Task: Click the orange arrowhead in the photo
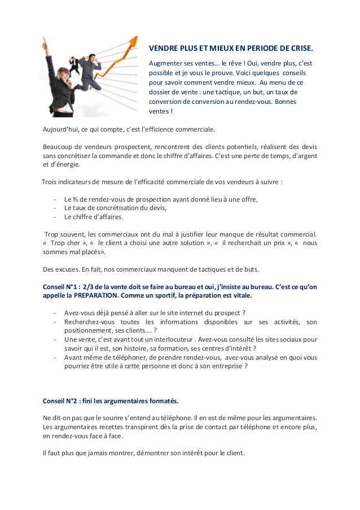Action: [x=134, y=41]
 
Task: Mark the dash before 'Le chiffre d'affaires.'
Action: [x=54, y=217]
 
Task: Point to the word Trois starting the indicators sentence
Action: [x=51, y=182]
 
